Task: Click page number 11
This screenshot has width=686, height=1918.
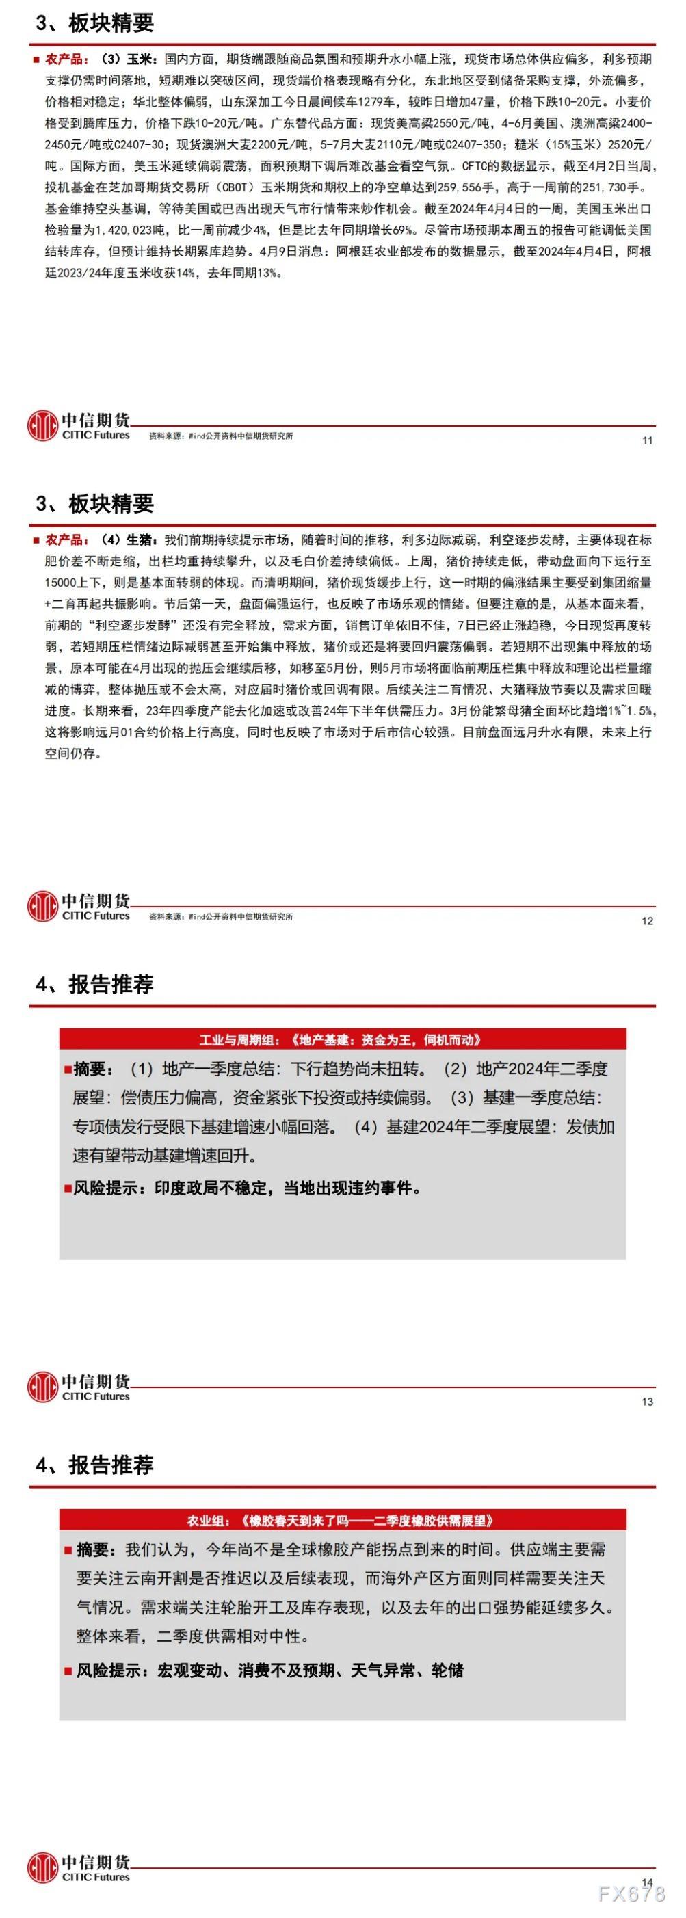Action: pos(646,440)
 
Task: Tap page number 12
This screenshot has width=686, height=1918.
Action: pos(646,921)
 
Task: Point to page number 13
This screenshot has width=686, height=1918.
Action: pos(646,1402)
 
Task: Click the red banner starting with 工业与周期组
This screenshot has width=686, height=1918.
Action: pos(343,1040)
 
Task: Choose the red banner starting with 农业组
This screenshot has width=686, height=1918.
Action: pos(343,1521)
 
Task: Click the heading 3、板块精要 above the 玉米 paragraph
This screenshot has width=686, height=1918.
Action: pos(94,24)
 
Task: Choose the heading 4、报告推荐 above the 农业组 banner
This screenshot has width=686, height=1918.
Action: pos(94,1465)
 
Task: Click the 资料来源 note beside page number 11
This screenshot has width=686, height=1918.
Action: pos(220,436)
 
